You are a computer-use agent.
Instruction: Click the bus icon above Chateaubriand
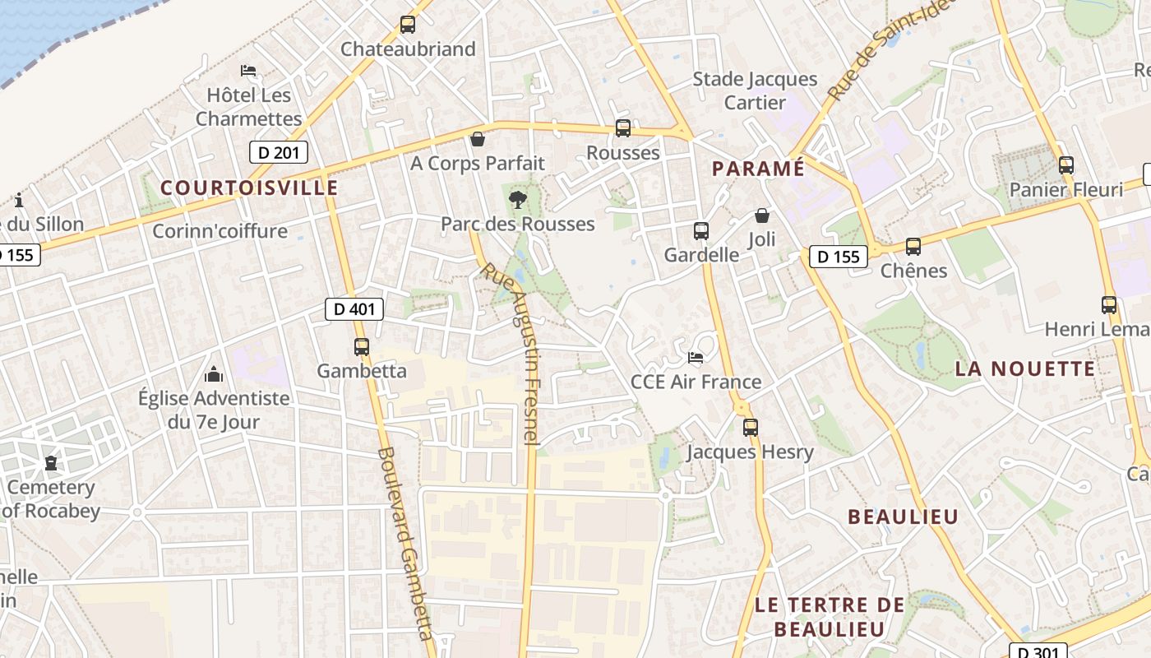(x=408, y=25)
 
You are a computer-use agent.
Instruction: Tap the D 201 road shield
(x=279, y=152)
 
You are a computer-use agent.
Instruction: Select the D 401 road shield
(x=355, y=309)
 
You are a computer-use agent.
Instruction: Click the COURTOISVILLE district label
(x=249, y=188)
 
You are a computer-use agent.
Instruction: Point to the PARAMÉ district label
(x=758, y=169)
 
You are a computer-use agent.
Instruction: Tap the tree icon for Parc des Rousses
(x=517, y=199)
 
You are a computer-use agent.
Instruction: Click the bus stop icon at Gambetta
(x=362, y=346)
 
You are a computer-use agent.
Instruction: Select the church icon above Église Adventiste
(x=214, y=374)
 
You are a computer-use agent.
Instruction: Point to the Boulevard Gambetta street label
(x=404, y=543)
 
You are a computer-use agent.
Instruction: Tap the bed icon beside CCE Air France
(x=696, y=358)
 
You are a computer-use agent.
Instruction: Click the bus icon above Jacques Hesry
(x=750, y=428)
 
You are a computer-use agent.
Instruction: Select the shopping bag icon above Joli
(x=762, y=215)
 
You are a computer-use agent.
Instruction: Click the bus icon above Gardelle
(x=701, y=231)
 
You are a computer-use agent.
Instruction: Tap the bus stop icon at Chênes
(x=913, y=246)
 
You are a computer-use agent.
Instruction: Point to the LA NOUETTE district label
(x=1024, y=368)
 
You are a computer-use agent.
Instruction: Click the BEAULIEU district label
(x=903, y=517)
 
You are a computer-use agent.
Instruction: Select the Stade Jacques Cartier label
(x=755, y=90)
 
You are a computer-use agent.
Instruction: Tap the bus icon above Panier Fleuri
(x=1066, y=165)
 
